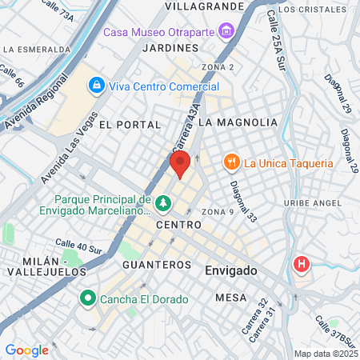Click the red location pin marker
pos(180,166)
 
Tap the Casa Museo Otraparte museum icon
pos(226,32)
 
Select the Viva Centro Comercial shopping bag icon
pos(96,84)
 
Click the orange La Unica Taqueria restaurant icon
pos(232,162)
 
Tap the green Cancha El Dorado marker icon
pos(86,299)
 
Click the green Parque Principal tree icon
pos(163,203)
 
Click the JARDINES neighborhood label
pos(165,48)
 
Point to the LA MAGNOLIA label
pos(238,122)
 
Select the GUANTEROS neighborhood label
pos(157,264)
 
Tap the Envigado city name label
pos(230,270)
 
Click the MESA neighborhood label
pos(230,297)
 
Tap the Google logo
pos(26,350)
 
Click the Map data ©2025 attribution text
pos(325,354)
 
